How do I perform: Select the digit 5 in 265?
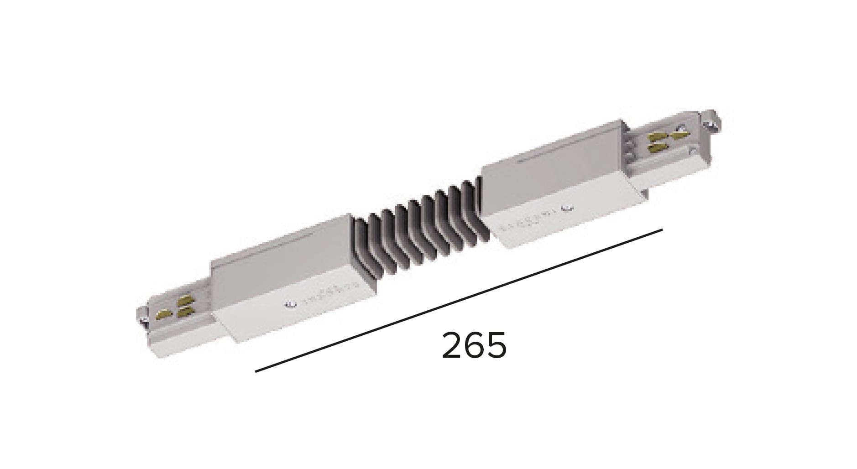click(x=496, y=345)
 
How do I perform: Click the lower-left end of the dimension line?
click(x=256, y=371)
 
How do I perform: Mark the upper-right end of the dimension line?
click(x=661, y=230)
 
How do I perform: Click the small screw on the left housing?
click(x=287, y=304)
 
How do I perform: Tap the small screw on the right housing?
click(x=567, y=209)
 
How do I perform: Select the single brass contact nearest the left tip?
click(x=163, y=314)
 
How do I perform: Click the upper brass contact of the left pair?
click(x=183, y=301)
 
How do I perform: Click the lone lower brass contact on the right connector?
click(x=656, y=148)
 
